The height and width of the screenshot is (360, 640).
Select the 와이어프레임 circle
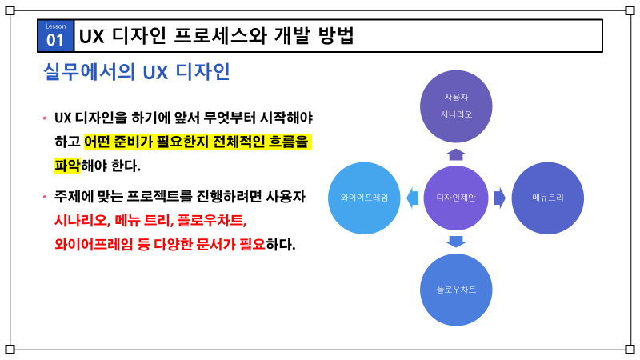pos(364,198)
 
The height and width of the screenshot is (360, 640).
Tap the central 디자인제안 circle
pos(455,198)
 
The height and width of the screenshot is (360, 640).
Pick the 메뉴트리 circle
pos(547,198)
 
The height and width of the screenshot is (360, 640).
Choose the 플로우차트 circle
pos(456,289)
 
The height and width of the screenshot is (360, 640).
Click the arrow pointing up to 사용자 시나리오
pos(456,154)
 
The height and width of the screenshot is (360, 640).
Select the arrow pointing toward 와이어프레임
pos(412,198)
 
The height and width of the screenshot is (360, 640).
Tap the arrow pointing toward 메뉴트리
pos(499,198)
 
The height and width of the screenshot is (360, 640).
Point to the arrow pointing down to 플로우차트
pos(456,242)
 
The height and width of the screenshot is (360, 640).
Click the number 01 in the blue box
pos(56,39)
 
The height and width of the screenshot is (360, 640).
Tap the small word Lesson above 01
pos(56,26)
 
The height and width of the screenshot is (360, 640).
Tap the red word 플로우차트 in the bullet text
pos(211,220)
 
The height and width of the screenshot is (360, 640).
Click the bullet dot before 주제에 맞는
pos(45,197)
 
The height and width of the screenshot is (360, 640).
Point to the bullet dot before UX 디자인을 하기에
pos(45,119)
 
